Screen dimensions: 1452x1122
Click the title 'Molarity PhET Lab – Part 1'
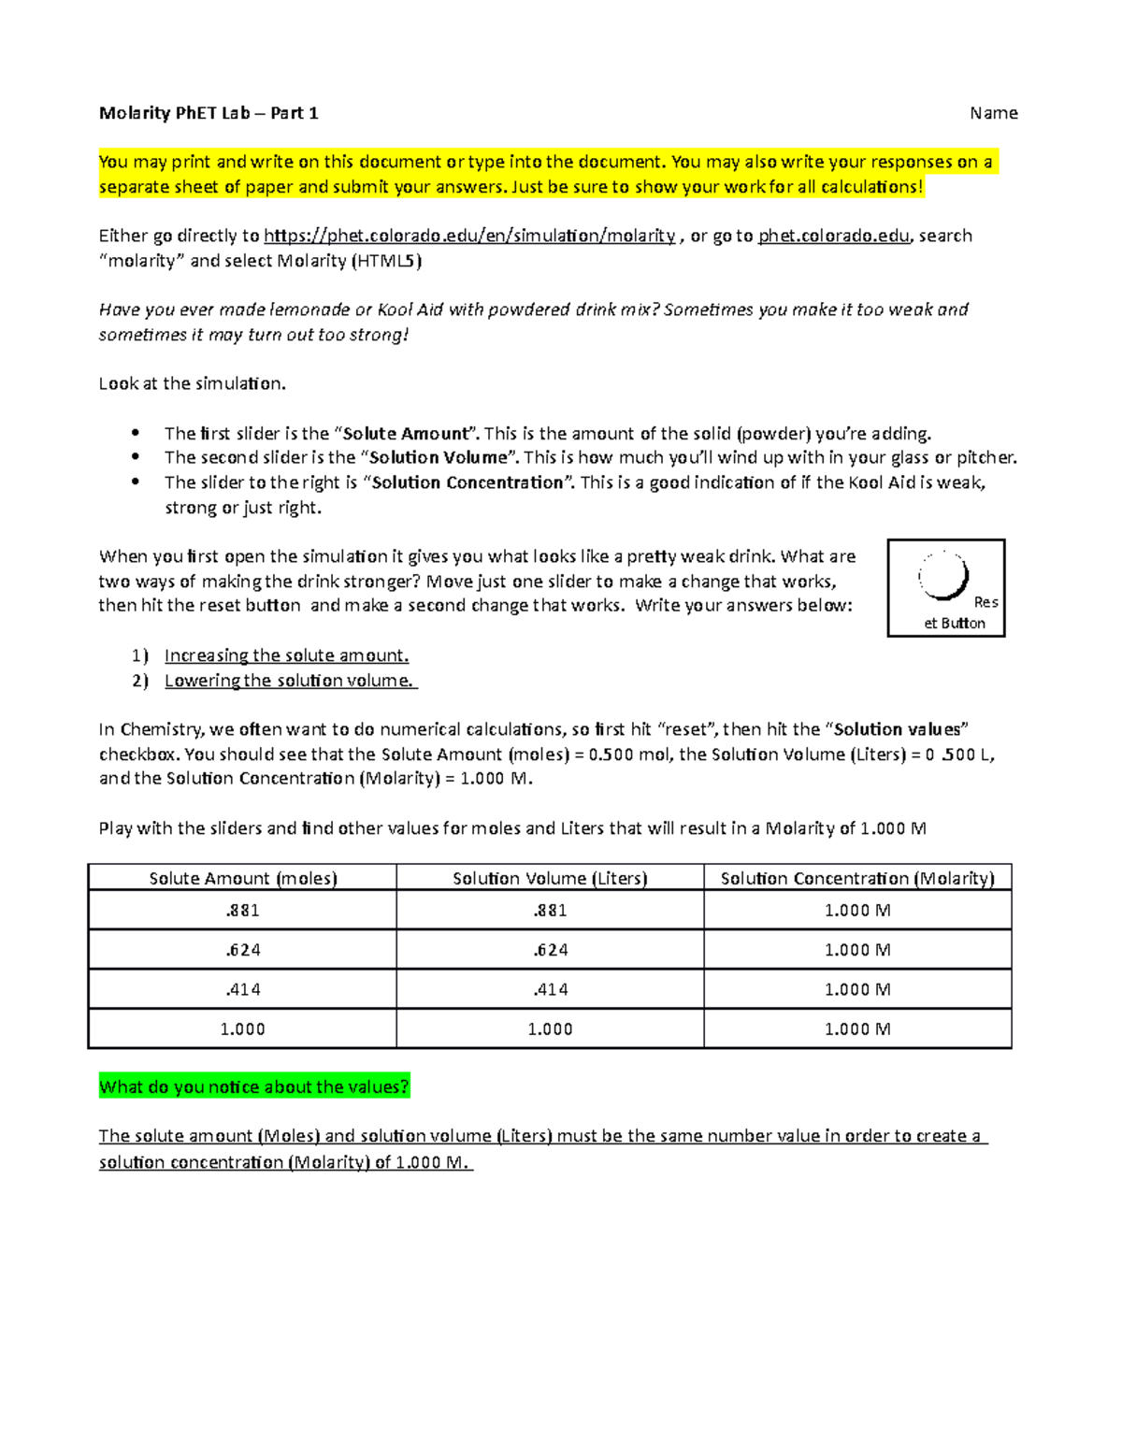pyautogui.click(x=209, y=113)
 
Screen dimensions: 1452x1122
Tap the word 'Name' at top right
pyautogui.click(x=993, y=113)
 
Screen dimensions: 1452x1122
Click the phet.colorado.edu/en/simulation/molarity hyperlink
pyautogui.click(x=469, y=236)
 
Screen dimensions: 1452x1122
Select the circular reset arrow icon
pyautogui.click(x=943, y=576)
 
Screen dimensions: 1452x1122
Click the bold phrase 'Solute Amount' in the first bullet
pyautogui.click(x=406, y=434)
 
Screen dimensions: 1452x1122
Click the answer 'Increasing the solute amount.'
pyautogui.click(x=286, y=655)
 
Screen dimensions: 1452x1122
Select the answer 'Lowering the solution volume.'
pyautogui.click(x=289, y=681)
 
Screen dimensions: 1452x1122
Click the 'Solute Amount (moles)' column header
pyautogui.click(x=243, y=878)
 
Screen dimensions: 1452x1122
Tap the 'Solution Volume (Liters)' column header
pyautogui.click(x=550, y=878)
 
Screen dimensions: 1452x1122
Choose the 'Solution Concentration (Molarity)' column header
pyautogui.click(x=857, y=878)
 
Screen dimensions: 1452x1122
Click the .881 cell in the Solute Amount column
pyautogui.click(x=243, y=910)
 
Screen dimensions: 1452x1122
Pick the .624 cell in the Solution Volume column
pyautogui.click(x=550, y=950)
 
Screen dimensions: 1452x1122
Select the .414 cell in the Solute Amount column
pyautogui.click(x=243, y=989)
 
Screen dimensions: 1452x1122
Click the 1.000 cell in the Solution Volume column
pyautogui.click(x=550, y=1028)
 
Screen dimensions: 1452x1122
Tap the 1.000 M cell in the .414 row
pyautogui.click(x=857, y=989)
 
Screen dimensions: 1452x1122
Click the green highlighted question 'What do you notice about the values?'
pyautogui.click(x=254, y=1086)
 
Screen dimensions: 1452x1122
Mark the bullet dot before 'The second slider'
pyautogui.click(x=136, y=457)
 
